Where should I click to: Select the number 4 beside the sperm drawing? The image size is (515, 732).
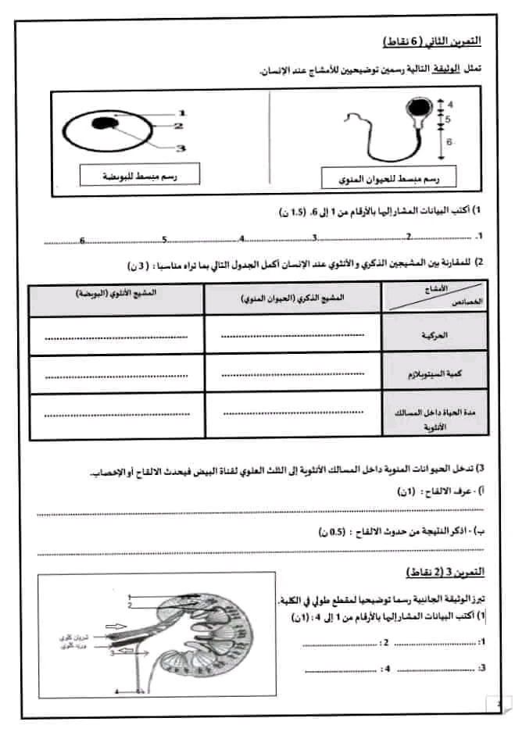451,102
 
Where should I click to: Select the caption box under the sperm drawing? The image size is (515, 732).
392,179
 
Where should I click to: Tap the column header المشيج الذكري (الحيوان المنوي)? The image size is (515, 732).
292,298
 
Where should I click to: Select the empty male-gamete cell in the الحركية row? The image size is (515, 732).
292,336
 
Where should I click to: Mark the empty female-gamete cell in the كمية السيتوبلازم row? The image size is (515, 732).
116,375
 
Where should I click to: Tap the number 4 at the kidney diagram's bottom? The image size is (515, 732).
116,691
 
